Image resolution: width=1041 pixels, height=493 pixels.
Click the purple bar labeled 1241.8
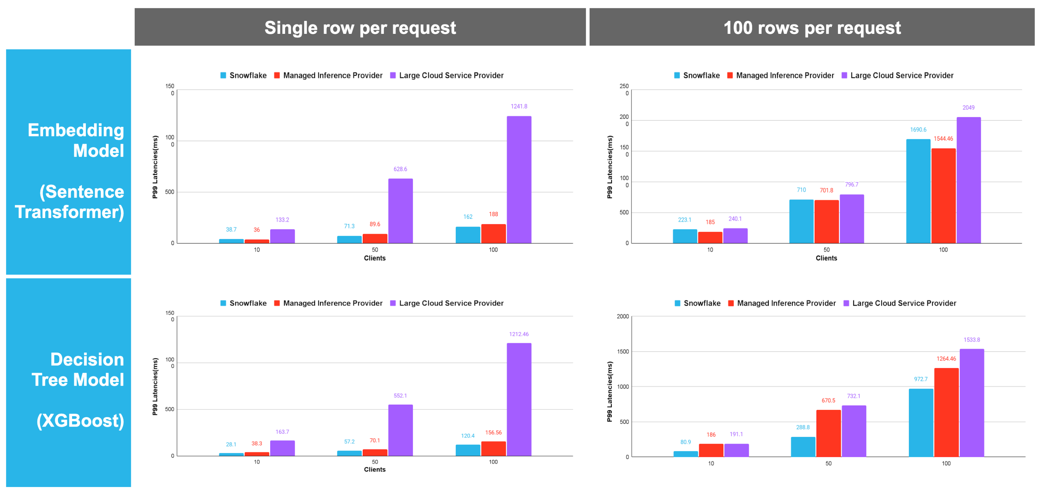coord(519,180)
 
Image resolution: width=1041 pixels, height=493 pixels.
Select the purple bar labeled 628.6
coord(400,211)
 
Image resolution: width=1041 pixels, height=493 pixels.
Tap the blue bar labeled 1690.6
coord(918,191)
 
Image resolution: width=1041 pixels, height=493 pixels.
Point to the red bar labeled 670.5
coord(828,433)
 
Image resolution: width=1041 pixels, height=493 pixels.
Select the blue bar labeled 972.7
coord(921,423)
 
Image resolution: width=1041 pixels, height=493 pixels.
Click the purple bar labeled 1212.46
coord(519,399)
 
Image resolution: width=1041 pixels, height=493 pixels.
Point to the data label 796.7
coord(852,184)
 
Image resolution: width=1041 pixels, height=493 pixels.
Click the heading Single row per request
coord(360,28)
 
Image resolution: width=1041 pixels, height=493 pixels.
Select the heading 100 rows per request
coord(812,28)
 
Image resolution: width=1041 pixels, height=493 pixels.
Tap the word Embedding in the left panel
coord(76,130)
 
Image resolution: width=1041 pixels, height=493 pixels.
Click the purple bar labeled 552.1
coord(400,430)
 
